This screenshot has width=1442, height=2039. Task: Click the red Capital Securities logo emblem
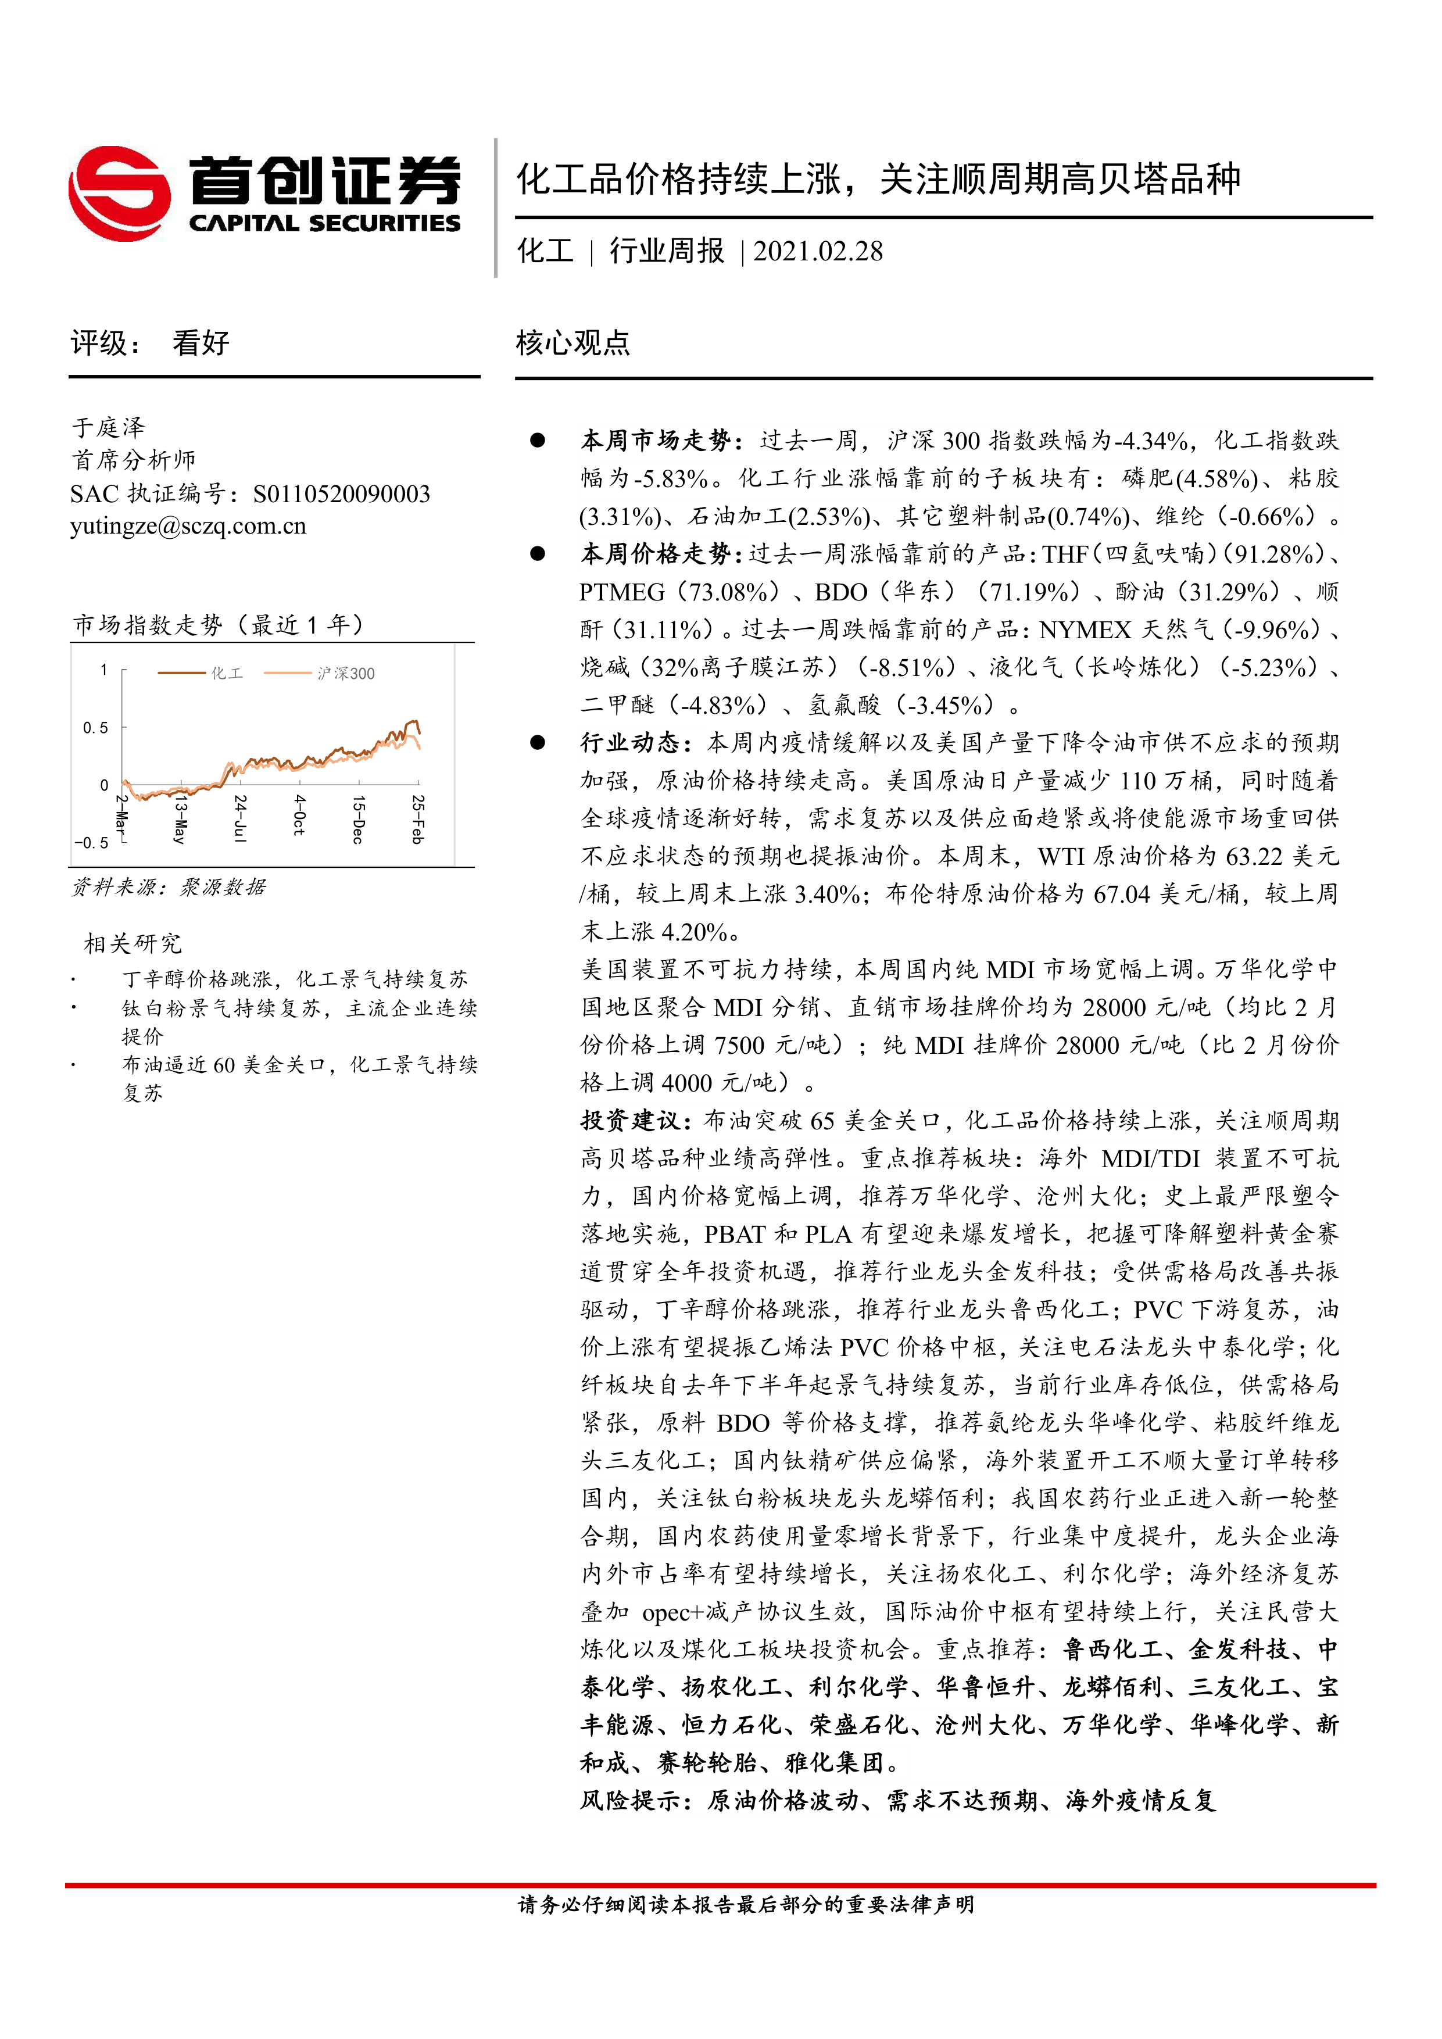point(120,193)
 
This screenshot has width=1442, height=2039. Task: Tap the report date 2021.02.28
point(818,251)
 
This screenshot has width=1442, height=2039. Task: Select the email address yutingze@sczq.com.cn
point(188,526)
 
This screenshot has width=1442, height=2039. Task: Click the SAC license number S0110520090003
point(342,493)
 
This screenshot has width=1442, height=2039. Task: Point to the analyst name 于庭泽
point(108,427)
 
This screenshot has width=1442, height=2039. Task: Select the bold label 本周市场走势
point(655,441)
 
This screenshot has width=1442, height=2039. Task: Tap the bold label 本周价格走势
point(655,554)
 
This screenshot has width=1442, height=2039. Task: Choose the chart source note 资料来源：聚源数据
point(169,887)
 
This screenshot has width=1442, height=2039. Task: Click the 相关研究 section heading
point(133,943)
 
